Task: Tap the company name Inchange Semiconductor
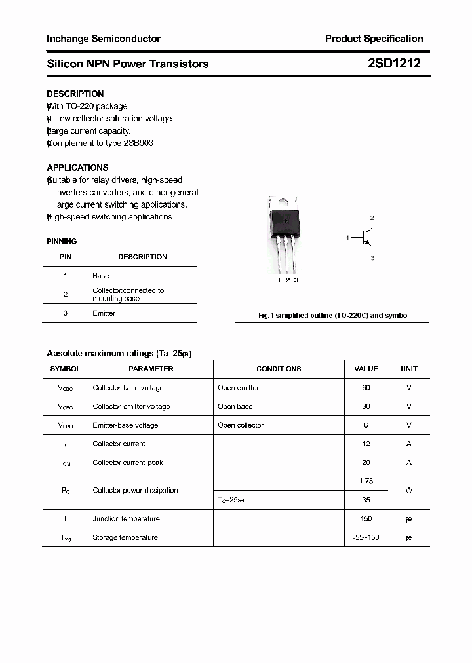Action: click(x=104, y=39)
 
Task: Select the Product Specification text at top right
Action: click(x=374, y=39)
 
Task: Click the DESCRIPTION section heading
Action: click(x=75, y=94)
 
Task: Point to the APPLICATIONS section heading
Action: click(x=77, y=168)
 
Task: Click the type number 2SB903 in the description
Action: click(x=138, y=143)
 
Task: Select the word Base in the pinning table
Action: click(x=101, y=276)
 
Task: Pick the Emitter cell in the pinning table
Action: click(x=104, y=313)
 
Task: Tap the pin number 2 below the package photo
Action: click(x=287, y=280)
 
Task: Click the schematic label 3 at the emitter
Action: click(x=372, y=258)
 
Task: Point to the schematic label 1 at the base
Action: click(x=347, y=238)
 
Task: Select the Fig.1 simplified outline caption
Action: click(x=333, y=315)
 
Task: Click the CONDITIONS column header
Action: click(x=279, y=369)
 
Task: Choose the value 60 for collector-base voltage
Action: click(x=366, y=388)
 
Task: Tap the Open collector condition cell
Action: click(x=241, y=425)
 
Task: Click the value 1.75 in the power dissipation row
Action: click(x=366, y=481)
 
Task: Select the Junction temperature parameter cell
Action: click(x=126, y=518)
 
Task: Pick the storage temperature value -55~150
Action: click(x=366, y=537)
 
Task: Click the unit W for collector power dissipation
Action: click(x=408, y=490)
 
